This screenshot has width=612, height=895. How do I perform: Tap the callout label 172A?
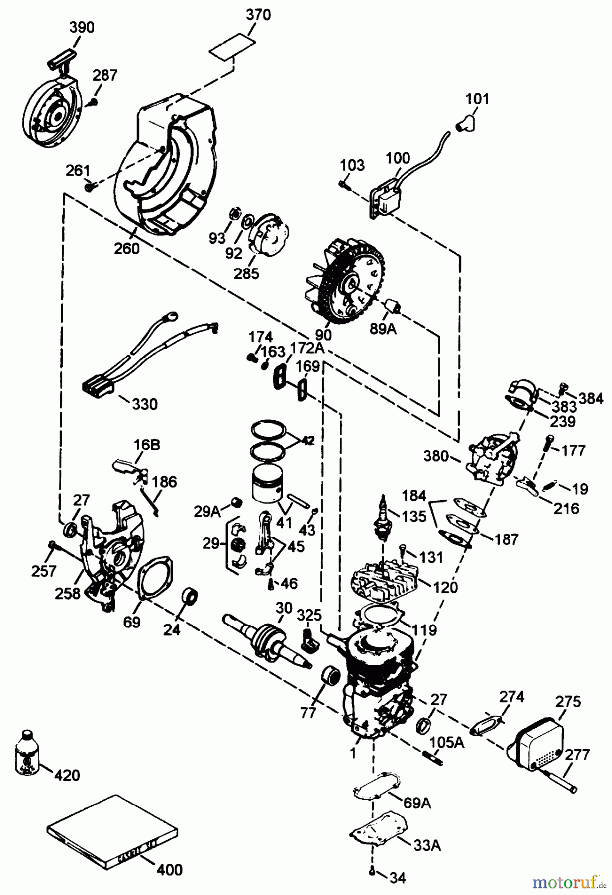pos(303,348)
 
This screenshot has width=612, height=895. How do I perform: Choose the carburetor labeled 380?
pos(490,457)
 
